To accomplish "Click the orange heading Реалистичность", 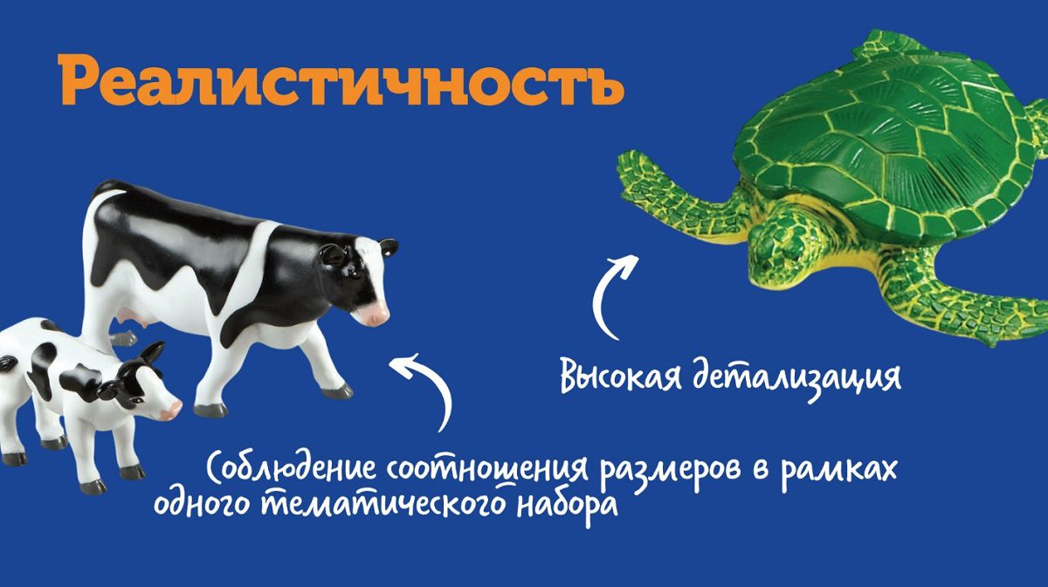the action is [341, 80].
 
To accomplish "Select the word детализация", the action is [796, 377].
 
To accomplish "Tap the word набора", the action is [567, 508].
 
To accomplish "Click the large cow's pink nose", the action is [378, 315].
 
